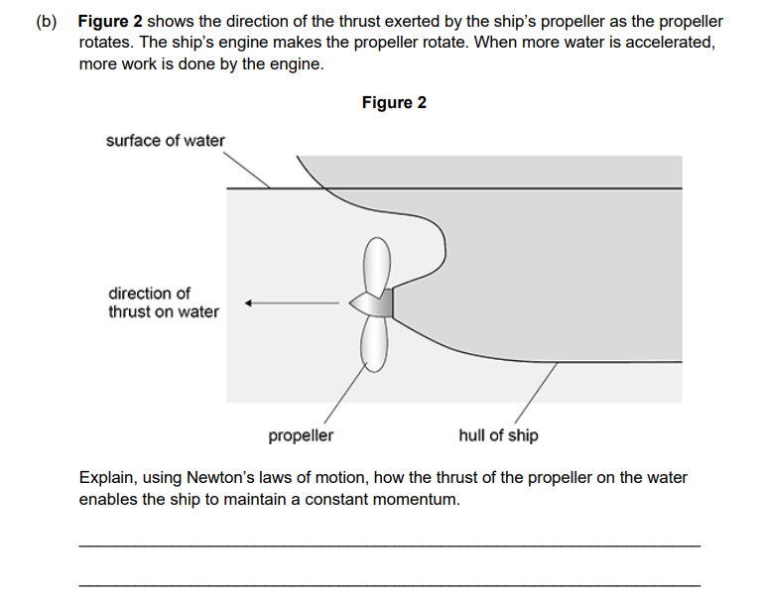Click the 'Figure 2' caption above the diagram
point(394,103)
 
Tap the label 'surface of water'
point(165,141)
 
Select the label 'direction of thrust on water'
point(163,302)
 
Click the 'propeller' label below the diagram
point(301,435)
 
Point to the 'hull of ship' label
point(498,435)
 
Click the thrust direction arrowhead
point(252,302)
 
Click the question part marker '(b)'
point(46,22)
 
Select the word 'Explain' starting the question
point(104,478)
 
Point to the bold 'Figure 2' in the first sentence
point(110,22)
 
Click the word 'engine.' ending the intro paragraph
point(297,64)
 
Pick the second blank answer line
point(388,586)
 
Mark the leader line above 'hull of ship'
point(535,396)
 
